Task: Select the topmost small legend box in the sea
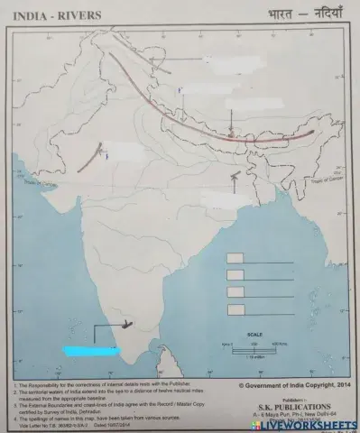[235, 259]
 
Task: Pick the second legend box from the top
[235, 275]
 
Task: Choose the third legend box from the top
[235, 292]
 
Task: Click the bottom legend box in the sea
[235, 309]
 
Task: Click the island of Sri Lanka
[143, 359]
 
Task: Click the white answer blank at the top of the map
[219, 60]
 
